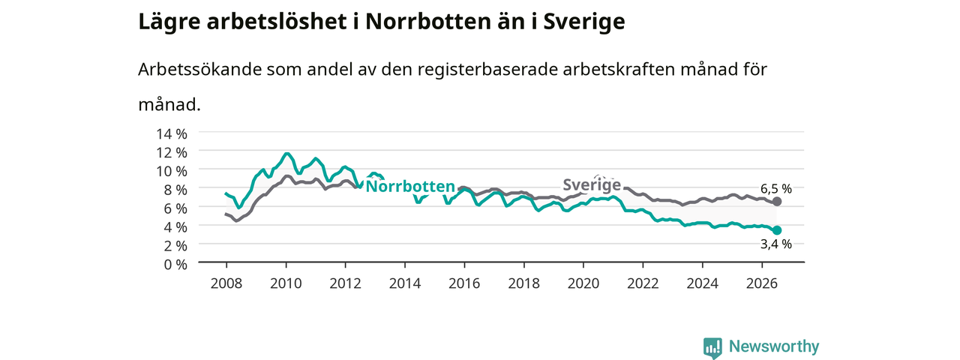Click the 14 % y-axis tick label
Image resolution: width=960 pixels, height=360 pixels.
[x=172, y=134]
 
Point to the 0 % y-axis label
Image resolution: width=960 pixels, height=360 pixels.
[x=175, y=265]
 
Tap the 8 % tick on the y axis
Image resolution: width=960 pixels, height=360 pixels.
[x=175, y=190]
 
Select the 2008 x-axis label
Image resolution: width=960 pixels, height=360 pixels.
[x=226, y=283]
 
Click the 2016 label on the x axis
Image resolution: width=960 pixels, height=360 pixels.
[x=464, y=283]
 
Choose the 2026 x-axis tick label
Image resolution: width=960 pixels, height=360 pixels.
[x=761, y=283]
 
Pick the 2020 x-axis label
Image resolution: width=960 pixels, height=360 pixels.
[x=583, y=283]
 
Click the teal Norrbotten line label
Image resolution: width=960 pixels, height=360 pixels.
[x=410, y=187]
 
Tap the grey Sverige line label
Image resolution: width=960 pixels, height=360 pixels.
[x=592, y=184]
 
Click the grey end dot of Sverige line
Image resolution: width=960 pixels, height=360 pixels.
[x=776, y=202]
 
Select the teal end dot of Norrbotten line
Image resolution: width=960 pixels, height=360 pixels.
[x=776, y=230]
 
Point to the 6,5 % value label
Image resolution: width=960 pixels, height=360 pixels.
[x=776, y=188]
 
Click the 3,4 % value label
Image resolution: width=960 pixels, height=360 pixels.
[x=776, y=244]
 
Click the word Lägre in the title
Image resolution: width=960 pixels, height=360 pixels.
[x=169, y=22]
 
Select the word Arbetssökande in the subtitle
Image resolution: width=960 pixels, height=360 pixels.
[x=199, y=70]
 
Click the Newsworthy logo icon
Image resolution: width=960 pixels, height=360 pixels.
[x=712, y=346]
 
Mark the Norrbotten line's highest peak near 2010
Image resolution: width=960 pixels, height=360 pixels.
[x=286, y=154]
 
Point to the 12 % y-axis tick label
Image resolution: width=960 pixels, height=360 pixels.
[x=172, y=152]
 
